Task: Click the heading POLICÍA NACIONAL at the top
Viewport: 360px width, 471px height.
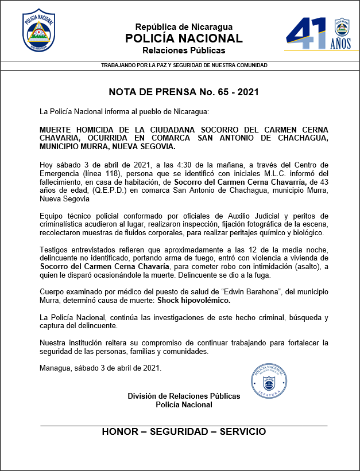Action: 184,38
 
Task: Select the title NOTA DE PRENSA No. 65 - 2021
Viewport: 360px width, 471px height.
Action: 184,92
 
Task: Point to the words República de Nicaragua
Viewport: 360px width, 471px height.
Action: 184,27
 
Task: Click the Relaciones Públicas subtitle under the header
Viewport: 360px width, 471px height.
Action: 184,50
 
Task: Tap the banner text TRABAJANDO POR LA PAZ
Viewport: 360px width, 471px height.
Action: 184,65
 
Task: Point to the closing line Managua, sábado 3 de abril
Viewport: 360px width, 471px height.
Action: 100,368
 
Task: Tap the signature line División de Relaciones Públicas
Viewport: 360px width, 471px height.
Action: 184,396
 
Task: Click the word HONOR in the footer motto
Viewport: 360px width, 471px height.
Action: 121,431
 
